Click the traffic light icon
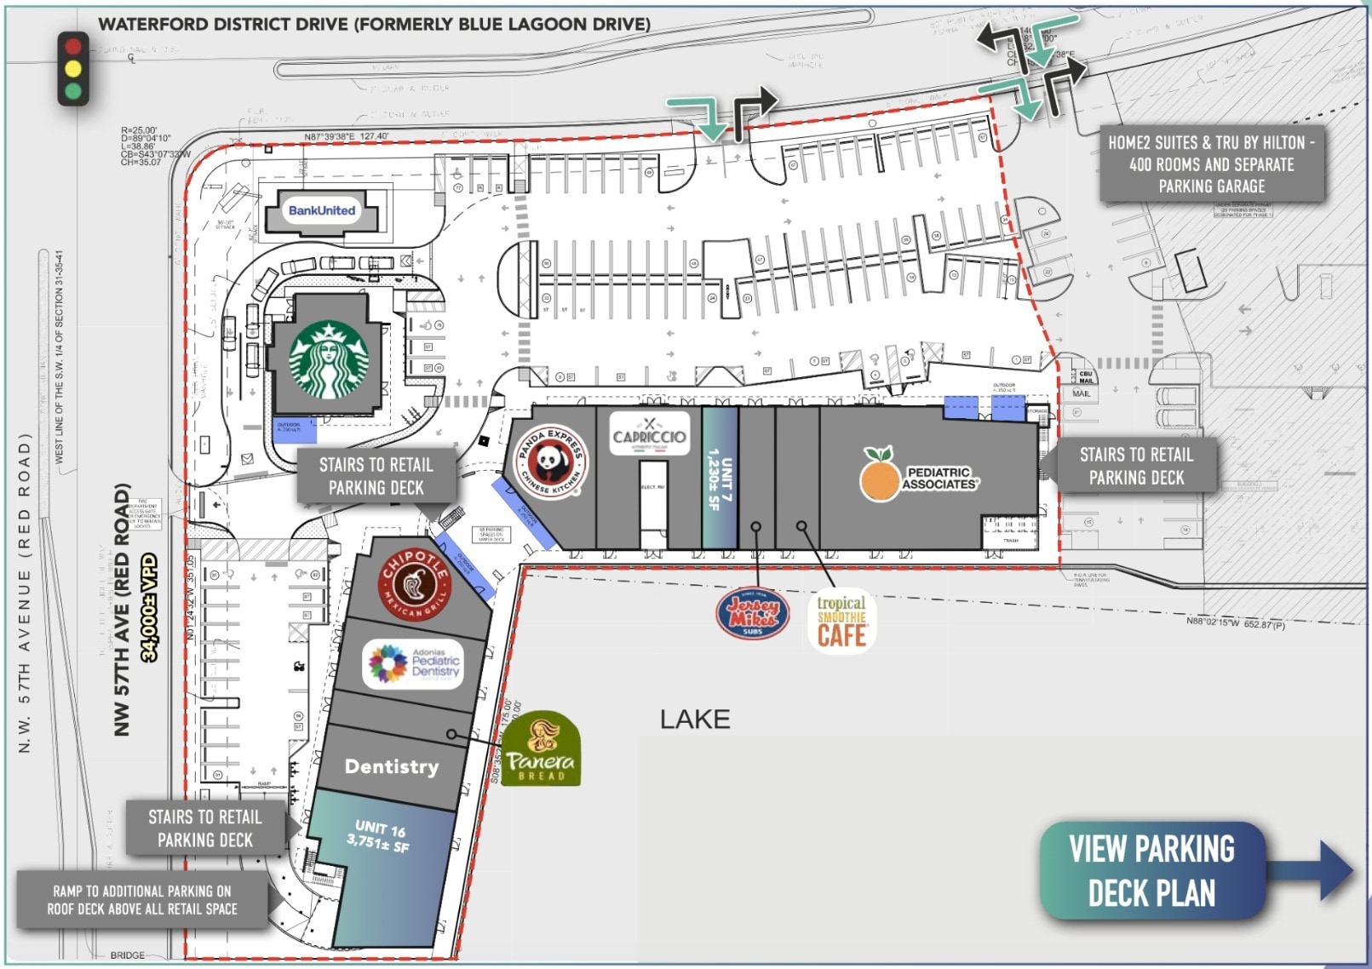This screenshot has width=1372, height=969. click(73, 69)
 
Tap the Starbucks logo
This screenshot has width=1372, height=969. click(330, 358)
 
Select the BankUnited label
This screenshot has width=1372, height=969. click(322, 210)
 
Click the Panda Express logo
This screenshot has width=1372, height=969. click(553, 462)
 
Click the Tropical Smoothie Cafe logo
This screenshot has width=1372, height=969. click(841, 621)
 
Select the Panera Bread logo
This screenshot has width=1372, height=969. click(541, 749)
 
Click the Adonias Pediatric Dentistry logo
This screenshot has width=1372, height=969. click(414, 664)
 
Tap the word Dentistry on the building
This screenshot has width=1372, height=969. click(392, 766)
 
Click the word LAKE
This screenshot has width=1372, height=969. click(695, 720)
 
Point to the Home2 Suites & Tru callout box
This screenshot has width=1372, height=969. click(1211, 164)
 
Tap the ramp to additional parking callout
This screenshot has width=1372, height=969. click(142, 900)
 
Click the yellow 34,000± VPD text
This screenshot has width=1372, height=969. click(150, 607)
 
